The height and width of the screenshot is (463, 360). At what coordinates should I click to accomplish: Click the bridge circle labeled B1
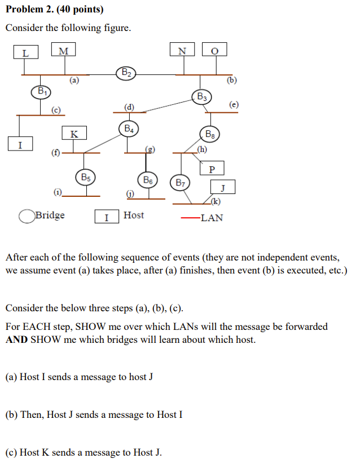(x=41, y=91)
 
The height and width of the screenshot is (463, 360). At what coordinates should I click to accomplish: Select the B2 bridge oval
(x=126, y=72)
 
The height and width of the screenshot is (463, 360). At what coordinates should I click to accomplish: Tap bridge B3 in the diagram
(x=201, y=96)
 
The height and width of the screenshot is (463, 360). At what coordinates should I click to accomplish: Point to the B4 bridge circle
(x=129, y=129)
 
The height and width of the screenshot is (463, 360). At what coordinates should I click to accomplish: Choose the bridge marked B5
(x=86, y=177)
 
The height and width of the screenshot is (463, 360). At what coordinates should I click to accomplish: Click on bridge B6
(x=148, y=180)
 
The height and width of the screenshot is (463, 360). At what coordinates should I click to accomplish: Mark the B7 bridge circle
(x=181, y=183)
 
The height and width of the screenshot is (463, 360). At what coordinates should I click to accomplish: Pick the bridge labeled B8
(x=210, y=135)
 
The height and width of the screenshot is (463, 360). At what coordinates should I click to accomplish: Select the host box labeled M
(x=63, y=51)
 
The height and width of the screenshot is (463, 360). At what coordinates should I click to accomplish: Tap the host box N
(x=182, y=51)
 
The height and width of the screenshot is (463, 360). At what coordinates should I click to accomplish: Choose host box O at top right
(x=214, y=51)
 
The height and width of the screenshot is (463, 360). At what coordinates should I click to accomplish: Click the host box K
(x=74, y=134)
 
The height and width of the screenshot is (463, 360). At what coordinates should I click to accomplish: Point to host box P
(x=212, y=169)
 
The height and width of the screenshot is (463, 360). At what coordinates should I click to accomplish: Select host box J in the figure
(x=223, y=187)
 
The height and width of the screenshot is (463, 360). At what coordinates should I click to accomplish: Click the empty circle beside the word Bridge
(x=26, y=216)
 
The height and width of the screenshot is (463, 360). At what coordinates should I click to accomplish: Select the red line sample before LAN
(x=190, y=218)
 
